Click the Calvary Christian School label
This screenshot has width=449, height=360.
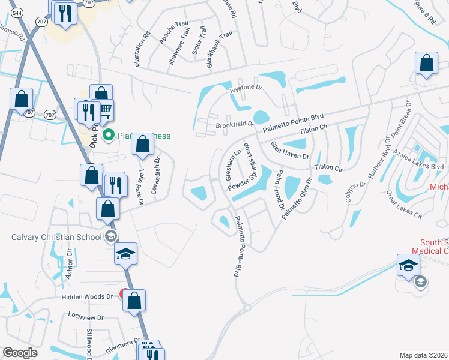(x=56, y=236)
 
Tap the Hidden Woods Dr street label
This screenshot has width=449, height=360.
(x=86, y=296)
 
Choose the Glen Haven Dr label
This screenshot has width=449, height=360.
(x=289, y=150)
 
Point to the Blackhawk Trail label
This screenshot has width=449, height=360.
(x=218, y=50)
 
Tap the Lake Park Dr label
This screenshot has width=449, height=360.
(x=142, y=187)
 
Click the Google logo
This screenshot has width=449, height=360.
(x=20, y=353)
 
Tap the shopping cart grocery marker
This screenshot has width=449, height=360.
(x=106, y=109)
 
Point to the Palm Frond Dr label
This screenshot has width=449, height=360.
(x=279, y=189)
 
